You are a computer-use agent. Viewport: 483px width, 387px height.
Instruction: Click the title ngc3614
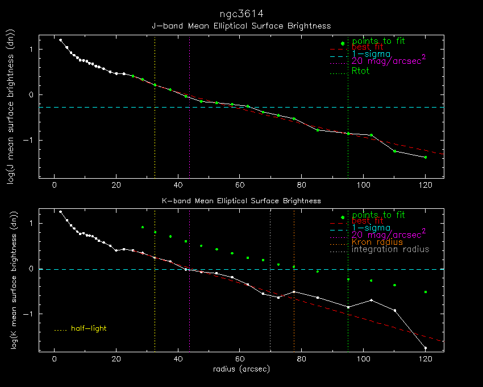(241, 13)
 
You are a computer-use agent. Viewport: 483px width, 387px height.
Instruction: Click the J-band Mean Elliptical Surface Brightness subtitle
(241, 26)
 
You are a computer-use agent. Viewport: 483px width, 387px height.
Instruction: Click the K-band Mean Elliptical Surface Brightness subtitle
(241, 201)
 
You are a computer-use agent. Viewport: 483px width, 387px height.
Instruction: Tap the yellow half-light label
(89, 328)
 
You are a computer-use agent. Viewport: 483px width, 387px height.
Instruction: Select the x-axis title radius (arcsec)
(241, 369)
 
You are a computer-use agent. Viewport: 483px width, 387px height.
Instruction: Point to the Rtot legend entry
(361, 71)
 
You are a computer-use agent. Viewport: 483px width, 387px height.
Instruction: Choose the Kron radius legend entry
(377, 242)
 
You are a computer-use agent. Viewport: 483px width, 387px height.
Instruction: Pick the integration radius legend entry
(390, 249)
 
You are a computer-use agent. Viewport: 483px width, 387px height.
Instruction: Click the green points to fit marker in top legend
(342, 43)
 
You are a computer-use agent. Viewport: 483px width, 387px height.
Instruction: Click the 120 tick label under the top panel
(425, 185)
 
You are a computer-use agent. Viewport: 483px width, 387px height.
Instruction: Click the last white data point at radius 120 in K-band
(425, 348)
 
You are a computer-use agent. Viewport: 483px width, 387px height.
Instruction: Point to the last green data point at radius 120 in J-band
(425, 157)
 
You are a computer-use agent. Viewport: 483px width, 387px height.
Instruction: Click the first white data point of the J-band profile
(60, 40)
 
